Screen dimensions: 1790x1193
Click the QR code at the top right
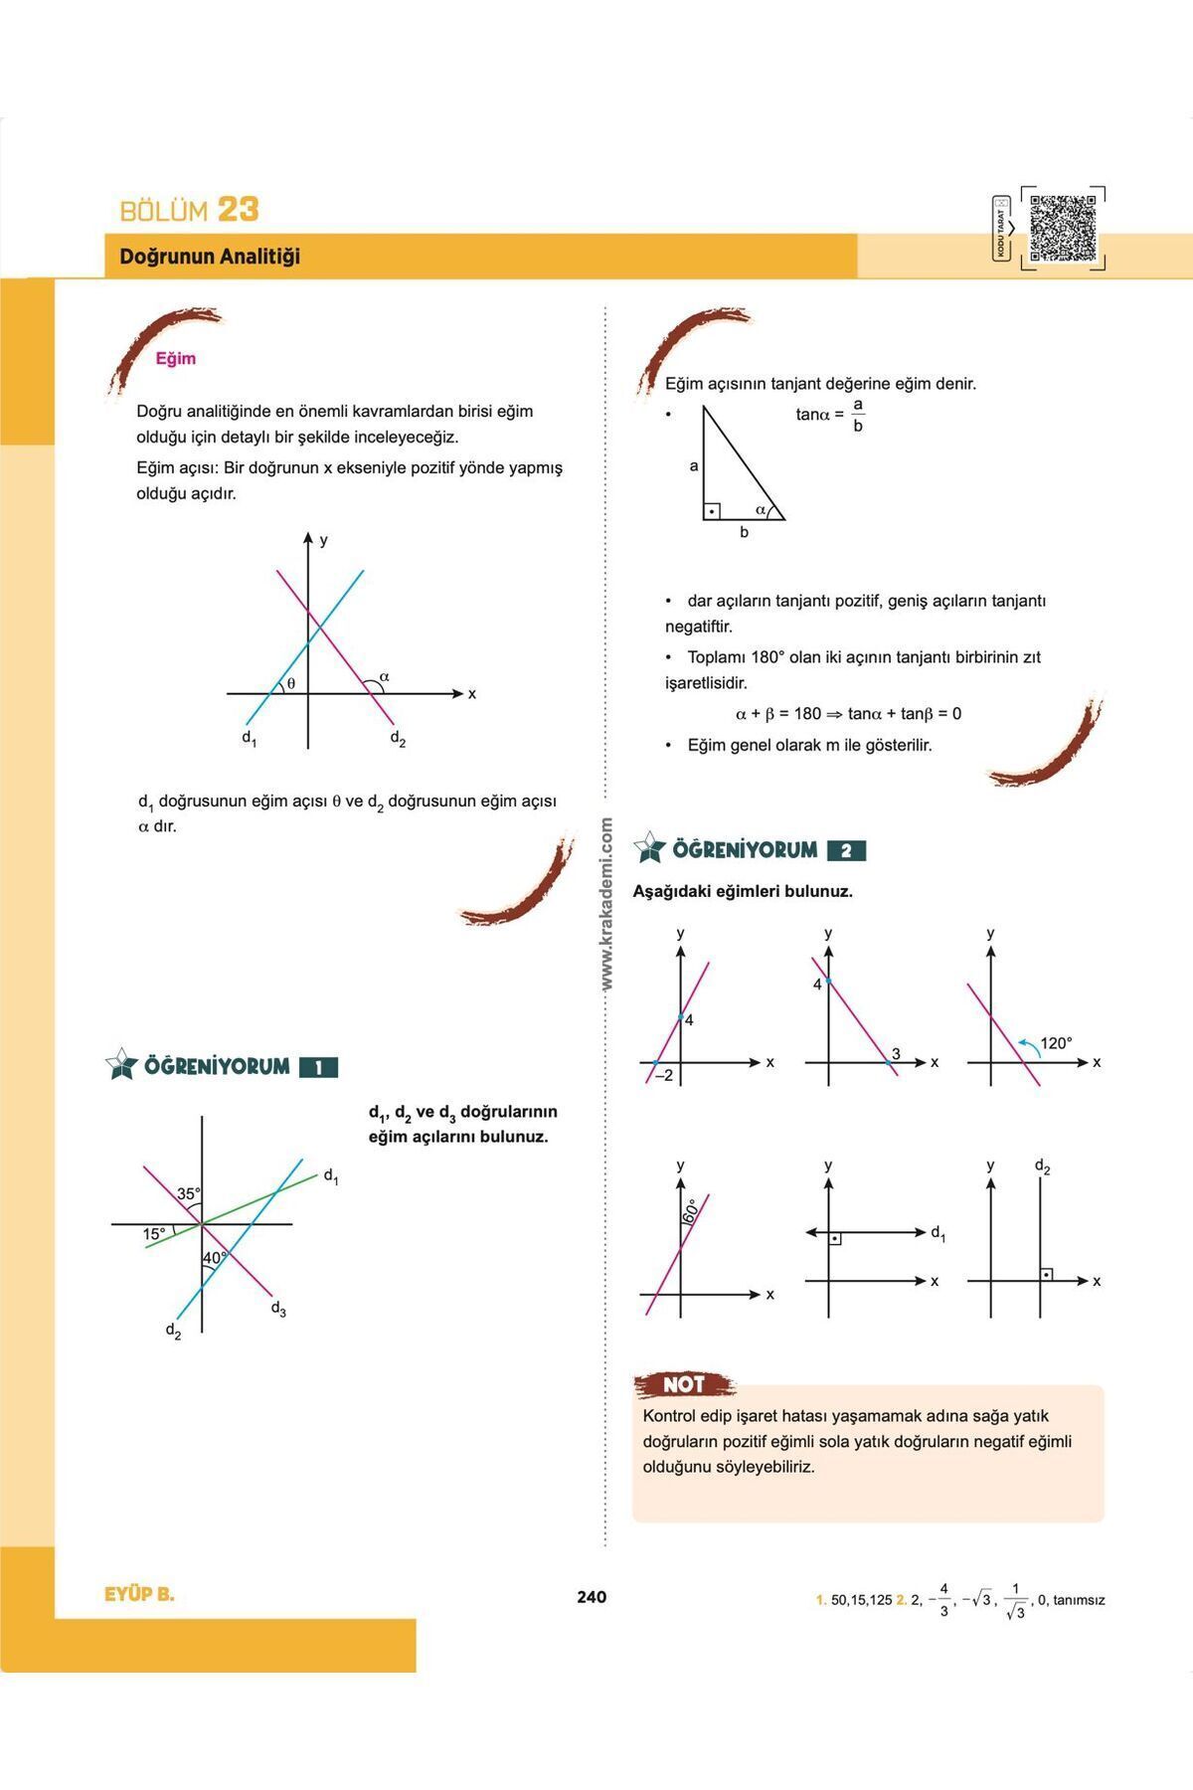pyautogui.click(x=1063, y=229)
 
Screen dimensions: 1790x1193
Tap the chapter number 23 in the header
pyautogui.click(x=238, y=210)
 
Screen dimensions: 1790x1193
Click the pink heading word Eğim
pyautogui.click(x=176, y=359)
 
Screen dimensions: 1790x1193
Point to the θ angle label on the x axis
pyautogui.click(x=291, y=683)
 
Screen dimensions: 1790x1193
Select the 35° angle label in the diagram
pyautogui.click(x=189, y=1193)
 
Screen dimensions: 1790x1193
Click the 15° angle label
pyautogui.click(x=154, y=1234)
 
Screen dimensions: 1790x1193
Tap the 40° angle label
pyautogui.click(x=215, y=1258)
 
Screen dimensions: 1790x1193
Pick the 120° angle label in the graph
pyautogui.click(x=1056, y=1043)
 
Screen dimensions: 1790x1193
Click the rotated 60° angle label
pyautogui.click(x=690, y=1210)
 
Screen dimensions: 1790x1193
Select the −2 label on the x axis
pyautogui.click(x=662, y=1075)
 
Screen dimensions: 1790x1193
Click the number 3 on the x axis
pyautogui.click(x=896, y=1054)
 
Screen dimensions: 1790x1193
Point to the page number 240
pyautogui.click(x=592, y=1597)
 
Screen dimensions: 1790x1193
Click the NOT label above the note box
pyautogui.click(x=684, y=1384)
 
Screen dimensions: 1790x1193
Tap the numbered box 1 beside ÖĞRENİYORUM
pyautogui.click(x=318, y=1068)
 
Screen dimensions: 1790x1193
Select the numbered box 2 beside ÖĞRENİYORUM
pyautogui.click(x=846, y=851)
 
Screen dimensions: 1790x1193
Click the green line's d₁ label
pyautogui.click(x=331, y=1176)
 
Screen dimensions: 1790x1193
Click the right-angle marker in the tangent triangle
pyautogui.click(x=712, y=511)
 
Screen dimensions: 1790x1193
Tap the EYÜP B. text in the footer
pyautogui.click(x=139, y=1594)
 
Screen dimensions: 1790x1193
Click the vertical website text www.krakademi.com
pyautogui.click(x=607, y=903)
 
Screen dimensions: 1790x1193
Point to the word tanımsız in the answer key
pyautogui.click(x=1079, y=1600)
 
